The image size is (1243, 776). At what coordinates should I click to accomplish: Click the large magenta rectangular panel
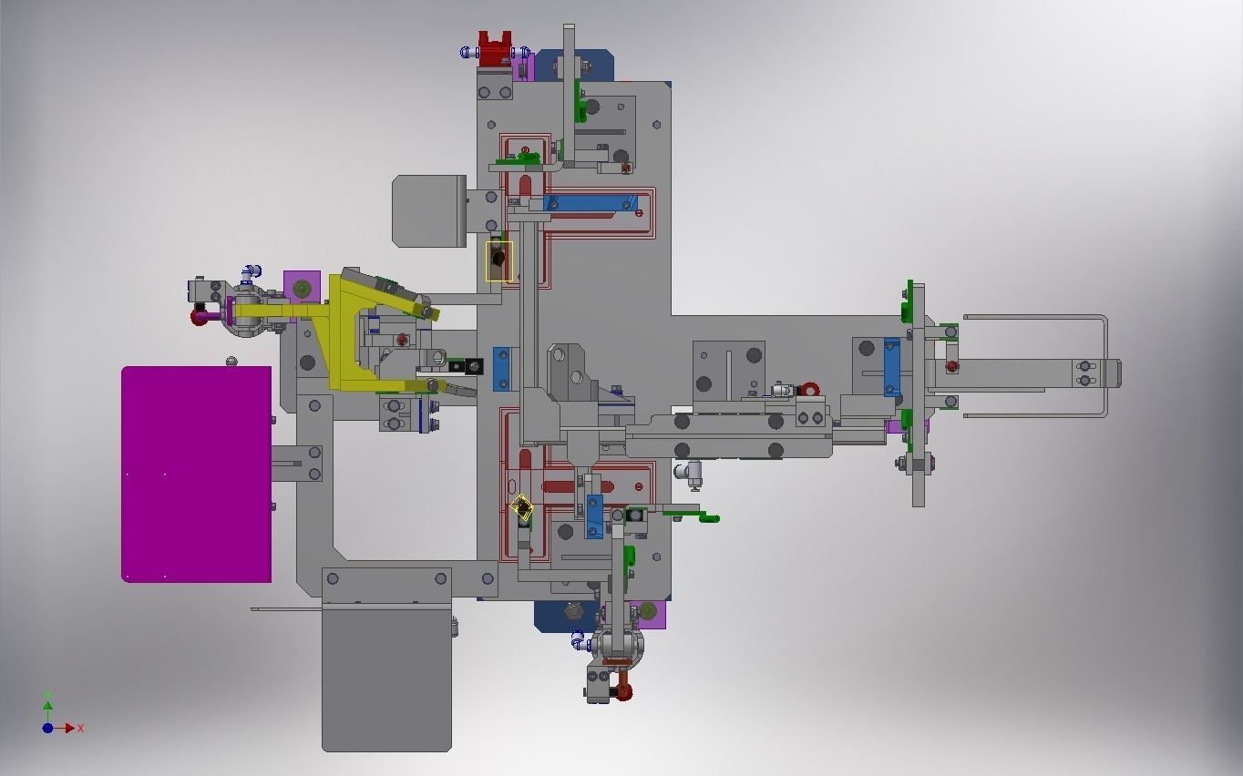(196, 474)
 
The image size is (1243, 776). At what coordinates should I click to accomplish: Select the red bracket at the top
(494, 49)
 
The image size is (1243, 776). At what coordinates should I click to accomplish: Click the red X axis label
(81, 729)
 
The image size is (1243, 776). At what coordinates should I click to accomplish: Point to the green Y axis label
(47, 697)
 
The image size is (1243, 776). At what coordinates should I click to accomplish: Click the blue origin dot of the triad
(47, 729)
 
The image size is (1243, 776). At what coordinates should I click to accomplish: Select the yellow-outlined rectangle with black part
(498, 261)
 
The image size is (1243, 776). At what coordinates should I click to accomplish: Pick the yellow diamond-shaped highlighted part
(522, 508)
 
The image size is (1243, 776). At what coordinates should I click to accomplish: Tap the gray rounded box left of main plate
(428, 211)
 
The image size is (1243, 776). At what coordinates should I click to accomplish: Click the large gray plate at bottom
(386, 679)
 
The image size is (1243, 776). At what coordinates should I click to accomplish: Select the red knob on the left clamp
(200, 317)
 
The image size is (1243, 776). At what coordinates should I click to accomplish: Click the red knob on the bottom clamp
(623, 691)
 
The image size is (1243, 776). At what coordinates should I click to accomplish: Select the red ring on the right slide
(810, 390)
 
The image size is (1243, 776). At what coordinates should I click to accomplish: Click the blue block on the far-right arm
(891, 367)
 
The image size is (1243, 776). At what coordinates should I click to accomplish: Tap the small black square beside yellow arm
(474, 367)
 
